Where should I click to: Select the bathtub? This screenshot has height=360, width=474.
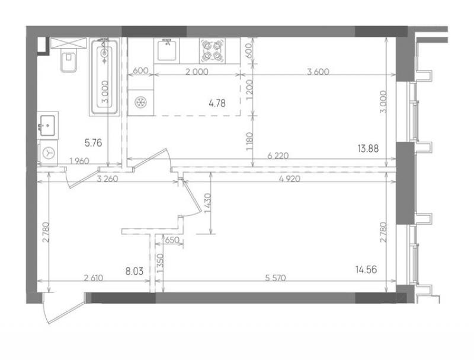pos(105,77)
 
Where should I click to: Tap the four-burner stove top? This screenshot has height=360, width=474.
pos(212,50)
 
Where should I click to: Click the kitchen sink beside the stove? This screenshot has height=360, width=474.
pos(167,50)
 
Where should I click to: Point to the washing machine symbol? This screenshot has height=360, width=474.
pos(49,153)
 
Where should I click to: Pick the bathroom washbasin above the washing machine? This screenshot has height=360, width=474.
pos(47,125)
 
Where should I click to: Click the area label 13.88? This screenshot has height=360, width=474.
pos(368,148)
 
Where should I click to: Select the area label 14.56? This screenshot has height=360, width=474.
pos(366,269)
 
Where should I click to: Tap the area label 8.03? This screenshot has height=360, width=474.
pos(134,271)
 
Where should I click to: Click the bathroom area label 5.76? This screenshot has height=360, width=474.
pos(94,142)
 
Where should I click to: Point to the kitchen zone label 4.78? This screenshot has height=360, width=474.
pos(217,103)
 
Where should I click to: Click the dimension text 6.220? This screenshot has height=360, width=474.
pos(278,156)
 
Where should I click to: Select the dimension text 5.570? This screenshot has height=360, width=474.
pos(276,278)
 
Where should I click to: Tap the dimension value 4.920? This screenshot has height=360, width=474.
pos(290,179)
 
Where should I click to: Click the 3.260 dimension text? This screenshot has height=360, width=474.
pos(107,179)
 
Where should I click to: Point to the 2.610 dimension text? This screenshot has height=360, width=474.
pos(94,278)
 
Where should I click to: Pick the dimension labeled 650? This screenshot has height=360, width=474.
pos(172,241)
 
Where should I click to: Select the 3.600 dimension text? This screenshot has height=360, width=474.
pos(318,72)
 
